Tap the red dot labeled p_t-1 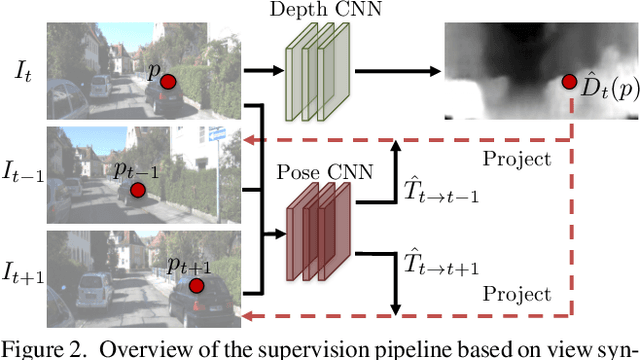tap(137, 188)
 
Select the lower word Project tap(516, 294)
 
